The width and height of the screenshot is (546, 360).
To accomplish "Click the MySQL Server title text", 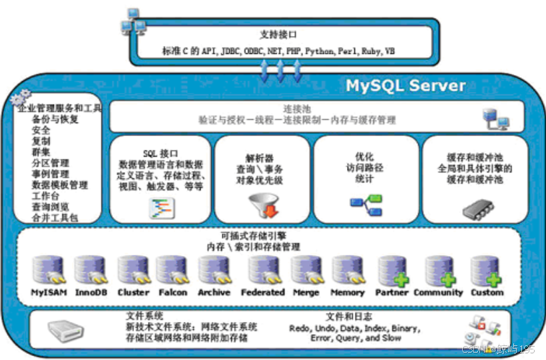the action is [406, 86].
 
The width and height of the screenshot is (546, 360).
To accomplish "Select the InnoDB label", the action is [90, 292].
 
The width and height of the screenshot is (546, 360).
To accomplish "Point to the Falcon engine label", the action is [172, 292].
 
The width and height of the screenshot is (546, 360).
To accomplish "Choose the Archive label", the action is [214, 292].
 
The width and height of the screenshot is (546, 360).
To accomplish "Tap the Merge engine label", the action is [306, 292].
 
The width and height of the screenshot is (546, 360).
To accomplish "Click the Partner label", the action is [392, 292].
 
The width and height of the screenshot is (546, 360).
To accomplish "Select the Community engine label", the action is [438, 292].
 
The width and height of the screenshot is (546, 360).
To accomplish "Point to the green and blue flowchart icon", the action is [366, 204].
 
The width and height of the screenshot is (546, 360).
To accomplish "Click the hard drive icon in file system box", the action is [66, 329].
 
